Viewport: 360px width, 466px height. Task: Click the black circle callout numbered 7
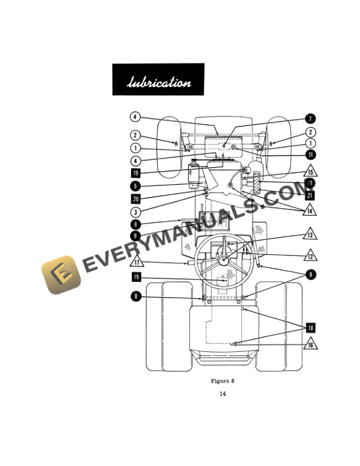click(310, 118)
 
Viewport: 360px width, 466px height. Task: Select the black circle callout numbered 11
click(310, 154)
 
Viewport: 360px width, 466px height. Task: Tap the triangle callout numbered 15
click(310, 172)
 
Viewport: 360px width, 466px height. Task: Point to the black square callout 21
click(310, 195)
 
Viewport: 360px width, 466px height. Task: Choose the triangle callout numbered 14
click(310, 209)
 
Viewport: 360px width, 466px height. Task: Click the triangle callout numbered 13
click(310, 234)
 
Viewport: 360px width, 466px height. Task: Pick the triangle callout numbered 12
click(310, 255)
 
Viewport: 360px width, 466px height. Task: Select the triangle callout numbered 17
click(136, 263)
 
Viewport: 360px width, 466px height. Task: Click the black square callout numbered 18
click(310, 327)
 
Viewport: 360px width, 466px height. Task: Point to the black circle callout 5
click(135, 186)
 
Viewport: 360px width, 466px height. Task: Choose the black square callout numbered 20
click(135, 199)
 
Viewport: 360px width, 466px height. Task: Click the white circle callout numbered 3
click(135, 212)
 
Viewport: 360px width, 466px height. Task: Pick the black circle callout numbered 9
click(135, 236)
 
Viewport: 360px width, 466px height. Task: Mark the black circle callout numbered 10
click(310, 183)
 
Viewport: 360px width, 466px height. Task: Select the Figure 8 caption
click(223, 381)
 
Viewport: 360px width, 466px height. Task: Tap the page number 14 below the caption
click(223, 394)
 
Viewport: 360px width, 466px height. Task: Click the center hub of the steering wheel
click(224, 259)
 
